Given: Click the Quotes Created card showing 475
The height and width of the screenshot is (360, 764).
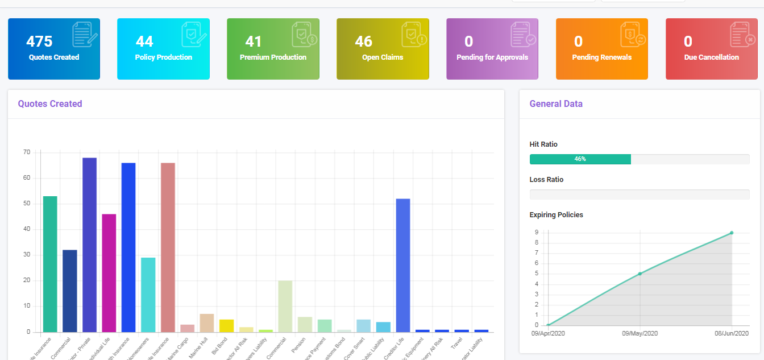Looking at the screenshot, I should [x=54, y=49].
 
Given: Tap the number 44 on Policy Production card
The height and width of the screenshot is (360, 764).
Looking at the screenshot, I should [x=144, y=42].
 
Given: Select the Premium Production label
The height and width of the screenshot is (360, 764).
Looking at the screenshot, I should [x=273, y=57].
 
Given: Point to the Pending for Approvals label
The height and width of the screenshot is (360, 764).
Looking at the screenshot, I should [x=492, y=57].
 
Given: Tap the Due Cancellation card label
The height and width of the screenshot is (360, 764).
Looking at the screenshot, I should [x=712, y=57].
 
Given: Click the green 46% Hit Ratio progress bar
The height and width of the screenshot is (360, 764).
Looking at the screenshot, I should [x=580, y=159].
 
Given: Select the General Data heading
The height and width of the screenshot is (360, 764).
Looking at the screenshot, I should [x=556, y=104].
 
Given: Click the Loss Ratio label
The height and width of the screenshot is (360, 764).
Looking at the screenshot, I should [x=546, y=180].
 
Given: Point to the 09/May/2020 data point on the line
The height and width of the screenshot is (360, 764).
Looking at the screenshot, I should [x=640, y=274].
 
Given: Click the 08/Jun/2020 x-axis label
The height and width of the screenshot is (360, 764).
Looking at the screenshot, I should [x=732, y=334].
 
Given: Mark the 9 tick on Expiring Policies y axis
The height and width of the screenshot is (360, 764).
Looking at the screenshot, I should [x=536, y=232].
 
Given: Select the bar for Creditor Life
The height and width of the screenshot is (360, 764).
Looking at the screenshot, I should [x=403, y=265].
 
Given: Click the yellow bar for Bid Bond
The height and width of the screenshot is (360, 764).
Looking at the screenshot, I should [x=226, y=325].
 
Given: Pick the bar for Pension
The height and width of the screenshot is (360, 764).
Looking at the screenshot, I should [x=305, y=324].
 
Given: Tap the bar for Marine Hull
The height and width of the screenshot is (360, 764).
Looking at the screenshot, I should [x=207, y=322].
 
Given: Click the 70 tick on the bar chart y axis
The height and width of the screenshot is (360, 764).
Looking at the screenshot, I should [x=27, y=152].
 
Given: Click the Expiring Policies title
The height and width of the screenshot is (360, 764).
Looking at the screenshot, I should [x=556, y=215].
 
